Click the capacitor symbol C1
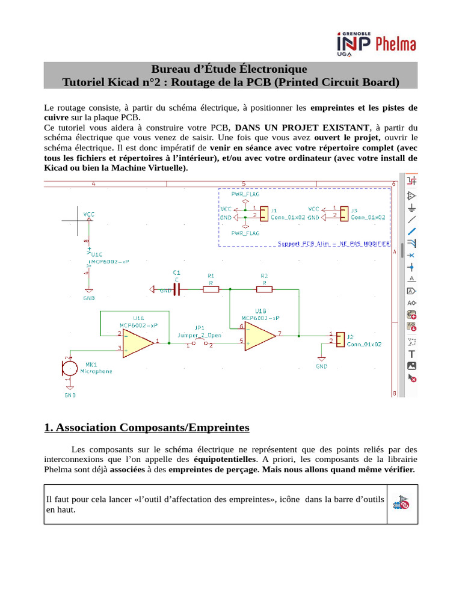point(176,289)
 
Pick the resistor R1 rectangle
point(211,289)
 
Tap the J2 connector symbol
point(340,339)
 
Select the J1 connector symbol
point(264,213)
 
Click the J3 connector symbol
point(343,213)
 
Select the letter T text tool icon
point(412,354)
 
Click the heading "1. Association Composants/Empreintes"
point(147,428)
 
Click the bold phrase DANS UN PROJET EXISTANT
point(301,128)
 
